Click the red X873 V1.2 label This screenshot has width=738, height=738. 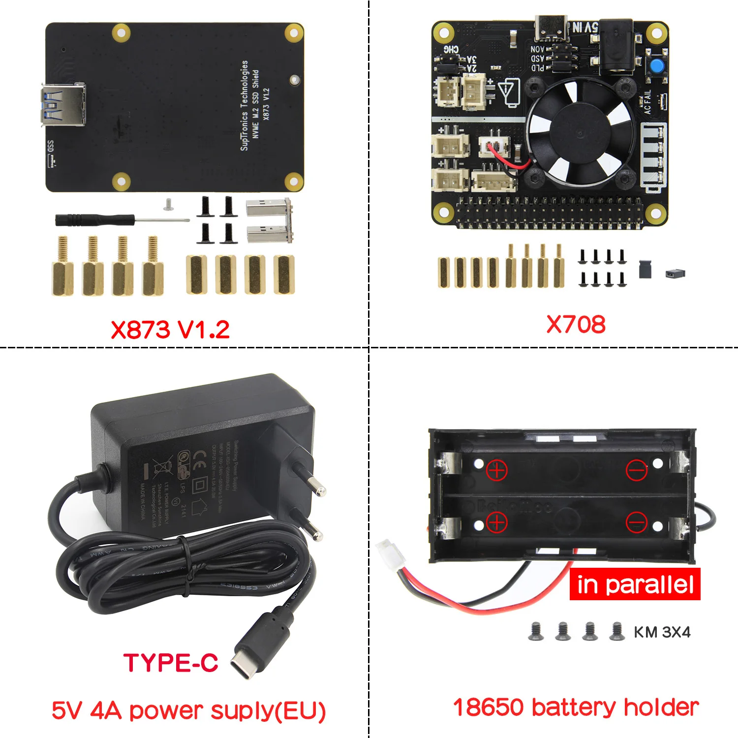(170, 330)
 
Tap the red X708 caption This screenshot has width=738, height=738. (576, 325)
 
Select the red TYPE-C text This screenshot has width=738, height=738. (171, 663)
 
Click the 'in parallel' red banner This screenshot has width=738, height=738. (635, 584)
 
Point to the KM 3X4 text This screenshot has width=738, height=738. (662, 632)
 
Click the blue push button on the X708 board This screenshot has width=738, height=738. (656, 67)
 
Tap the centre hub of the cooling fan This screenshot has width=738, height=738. (579, 133)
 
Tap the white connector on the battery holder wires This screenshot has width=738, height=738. (391, 553)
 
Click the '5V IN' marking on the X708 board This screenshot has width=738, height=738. (584, 28)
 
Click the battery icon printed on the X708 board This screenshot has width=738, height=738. (510, 92)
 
